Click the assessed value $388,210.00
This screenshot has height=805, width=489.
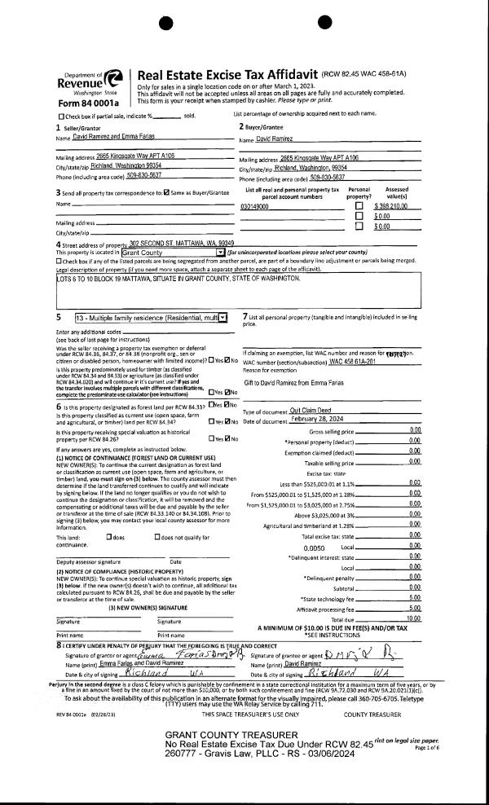point(394,207)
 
